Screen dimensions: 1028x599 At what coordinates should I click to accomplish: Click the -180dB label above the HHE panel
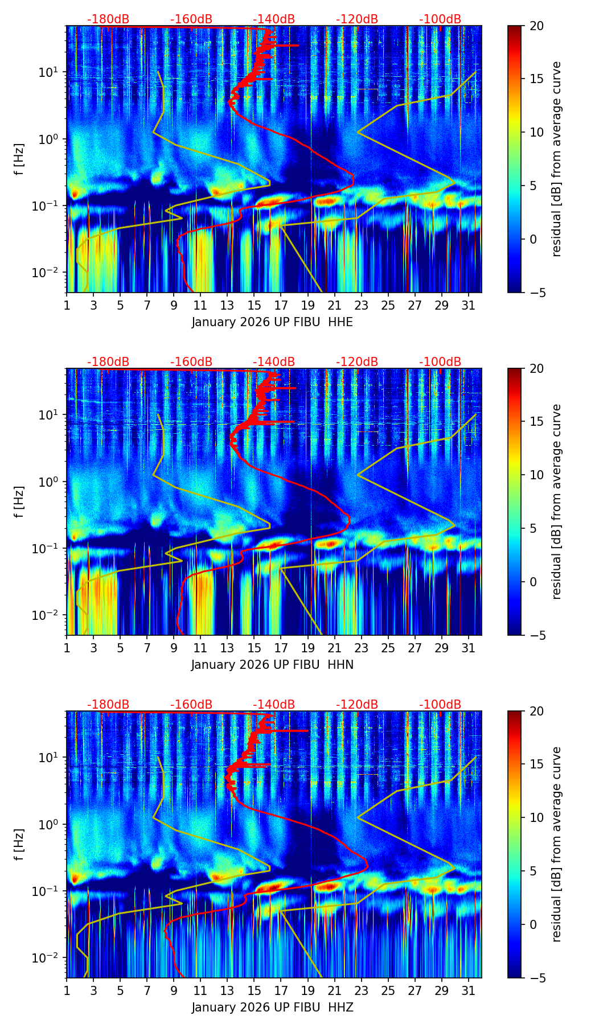click(x=108, y=19)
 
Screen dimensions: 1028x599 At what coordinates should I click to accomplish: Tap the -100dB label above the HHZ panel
click(x=440, y=705)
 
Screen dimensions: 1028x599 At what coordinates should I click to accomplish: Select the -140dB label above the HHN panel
click(x=274, y=362)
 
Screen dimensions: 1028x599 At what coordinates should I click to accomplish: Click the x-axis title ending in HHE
click(x=272, y=322)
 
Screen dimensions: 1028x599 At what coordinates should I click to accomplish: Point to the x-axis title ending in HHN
click(x=272, y=665)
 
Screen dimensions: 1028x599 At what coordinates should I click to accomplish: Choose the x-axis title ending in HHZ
click(x=272, y=1008)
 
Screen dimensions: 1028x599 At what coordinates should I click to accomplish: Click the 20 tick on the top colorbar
click(x=537, y=26)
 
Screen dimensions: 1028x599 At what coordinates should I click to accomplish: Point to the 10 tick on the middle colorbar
click(x=537, y=475)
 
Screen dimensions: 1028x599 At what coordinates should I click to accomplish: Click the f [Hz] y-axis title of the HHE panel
click(x=19, y=159)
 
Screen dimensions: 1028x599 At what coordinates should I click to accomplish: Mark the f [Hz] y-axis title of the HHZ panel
click(x=19, y=844)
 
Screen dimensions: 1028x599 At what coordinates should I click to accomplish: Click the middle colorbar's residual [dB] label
click(x=556, y=501)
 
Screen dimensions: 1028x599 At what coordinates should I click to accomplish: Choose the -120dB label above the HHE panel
click(x=357, y=19)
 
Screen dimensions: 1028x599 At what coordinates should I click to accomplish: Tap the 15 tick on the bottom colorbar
click(x=537, y=764)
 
